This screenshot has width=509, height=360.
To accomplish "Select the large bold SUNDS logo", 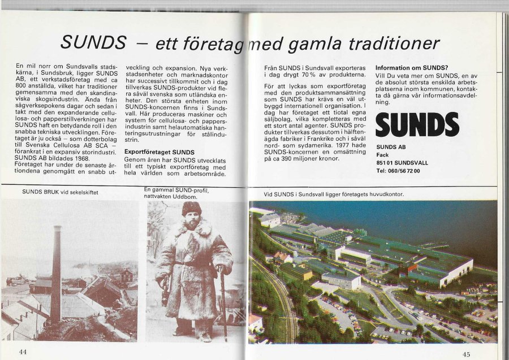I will click(417, 124).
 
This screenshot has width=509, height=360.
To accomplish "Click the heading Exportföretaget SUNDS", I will click(159, 152).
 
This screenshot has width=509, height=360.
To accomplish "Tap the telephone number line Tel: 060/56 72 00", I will click(398, 171).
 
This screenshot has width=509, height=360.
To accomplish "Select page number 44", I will click(23, 352).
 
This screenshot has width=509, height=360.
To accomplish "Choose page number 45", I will click(466, 354).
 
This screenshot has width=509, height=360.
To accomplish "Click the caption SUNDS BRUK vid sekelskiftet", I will click(60, 192).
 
